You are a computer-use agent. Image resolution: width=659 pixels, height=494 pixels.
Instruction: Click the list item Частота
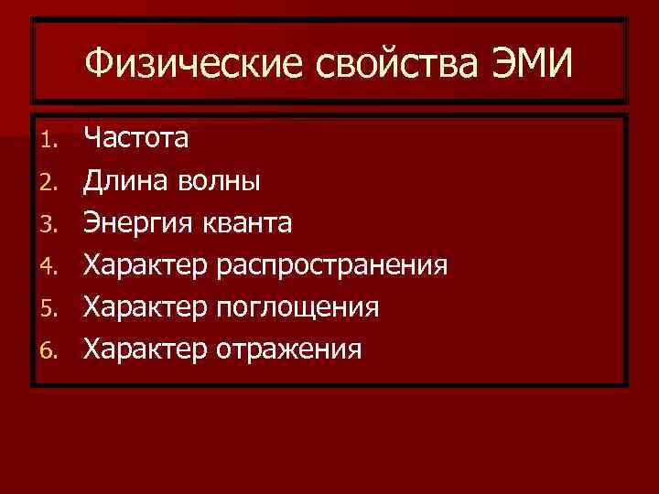pyautogui.click(x=137, y=139)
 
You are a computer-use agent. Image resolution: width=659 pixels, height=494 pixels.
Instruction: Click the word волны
pyautogui.click(x=216, y=181)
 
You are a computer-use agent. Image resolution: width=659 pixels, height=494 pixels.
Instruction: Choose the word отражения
pyautogui.click(x=291, y=349)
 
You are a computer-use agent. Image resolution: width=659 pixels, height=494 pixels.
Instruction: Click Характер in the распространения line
pyautogui.click(x=146, y=265)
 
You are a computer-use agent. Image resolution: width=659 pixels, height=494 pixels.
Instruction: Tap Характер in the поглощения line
pyautogui.click(x=146, y=307)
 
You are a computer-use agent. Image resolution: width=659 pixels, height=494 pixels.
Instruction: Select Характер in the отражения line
pyautogui.click(x=146, y=349)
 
